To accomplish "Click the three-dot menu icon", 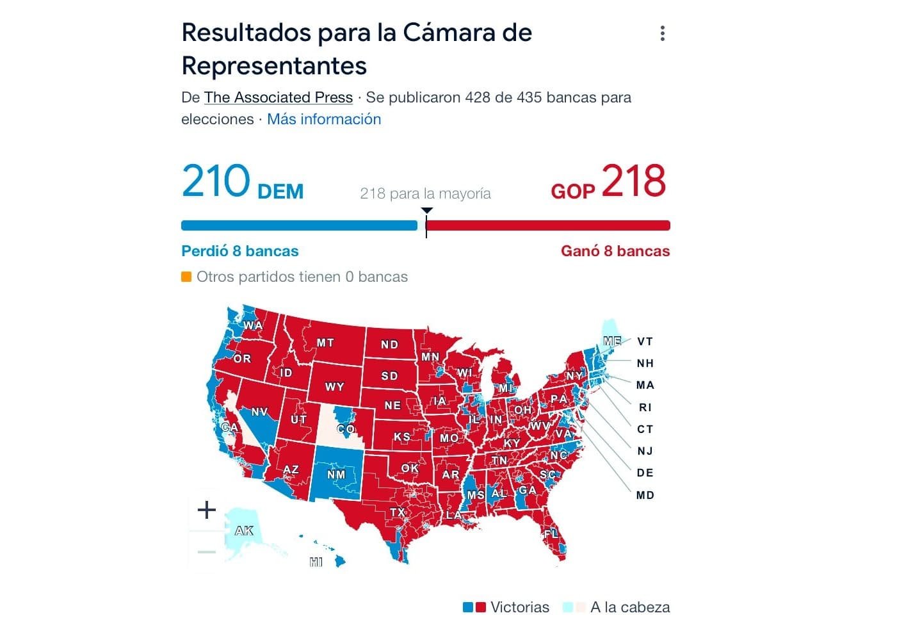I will coord(663,33).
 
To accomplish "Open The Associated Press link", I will coord(279,97).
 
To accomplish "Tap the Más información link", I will coord(324,119).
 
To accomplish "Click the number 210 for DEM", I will coord(216,181).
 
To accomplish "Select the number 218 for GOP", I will coord(634,181).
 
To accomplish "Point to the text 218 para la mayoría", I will coord(425,193).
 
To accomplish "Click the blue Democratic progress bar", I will coord(299,225).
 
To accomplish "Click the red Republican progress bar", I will coord(548,225).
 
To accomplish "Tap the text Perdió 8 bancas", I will coord(240,251).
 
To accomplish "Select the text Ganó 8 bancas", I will coord(615,251).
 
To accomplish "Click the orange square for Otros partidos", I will coord(186,277).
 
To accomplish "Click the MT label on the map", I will coord(325,343).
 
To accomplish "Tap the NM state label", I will coord(336,475).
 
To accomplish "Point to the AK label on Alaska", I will coord(244,530).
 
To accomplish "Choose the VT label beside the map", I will coord(645,341).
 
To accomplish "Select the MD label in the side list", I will coord(645,494).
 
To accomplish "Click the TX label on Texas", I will coord(398,512).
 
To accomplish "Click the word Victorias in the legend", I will coord(520,607).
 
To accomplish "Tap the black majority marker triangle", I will coord(427,211).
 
